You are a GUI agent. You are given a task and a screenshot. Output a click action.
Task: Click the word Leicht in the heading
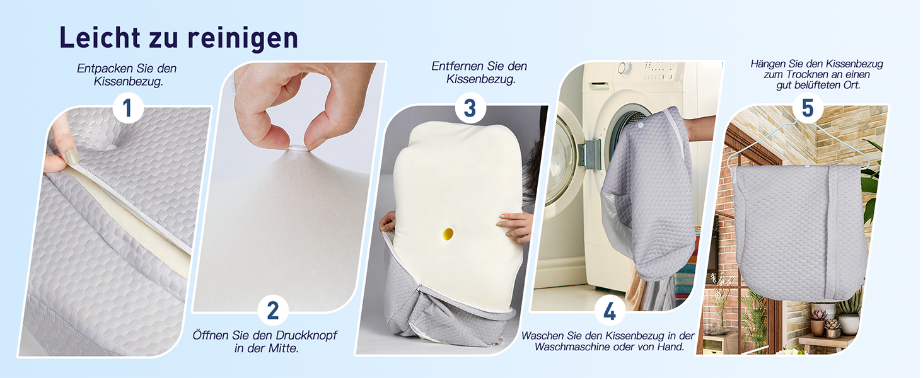pos(100,37)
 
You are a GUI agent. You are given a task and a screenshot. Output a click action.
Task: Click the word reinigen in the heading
pos(243,38)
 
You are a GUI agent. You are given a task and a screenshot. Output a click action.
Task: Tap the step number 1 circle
pos(128,108)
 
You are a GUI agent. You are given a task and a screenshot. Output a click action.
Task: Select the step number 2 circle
pos(273,310)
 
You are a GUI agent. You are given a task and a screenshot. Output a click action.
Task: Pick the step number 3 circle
pos(470,108)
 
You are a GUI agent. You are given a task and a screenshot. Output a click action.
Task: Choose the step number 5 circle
pos(808,108)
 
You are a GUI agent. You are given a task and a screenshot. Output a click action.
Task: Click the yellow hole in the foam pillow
pos(448,234)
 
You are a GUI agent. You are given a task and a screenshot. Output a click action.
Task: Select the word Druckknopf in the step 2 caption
pos(306,336)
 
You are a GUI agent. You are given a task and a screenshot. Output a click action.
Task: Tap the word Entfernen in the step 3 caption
pos(457,66)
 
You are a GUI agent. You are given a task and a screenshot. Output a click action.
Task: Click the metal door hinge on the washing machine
pos(589,153)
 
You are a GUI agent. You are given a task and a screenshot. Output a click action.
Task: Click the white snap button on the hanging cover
pos(807,166)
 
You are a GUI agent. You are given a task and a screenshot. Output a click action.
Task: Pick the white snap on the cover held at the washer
pos(640,125)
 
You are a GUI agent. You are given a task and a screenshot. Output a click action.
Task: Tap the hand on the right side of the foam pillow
pos(514,226)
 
